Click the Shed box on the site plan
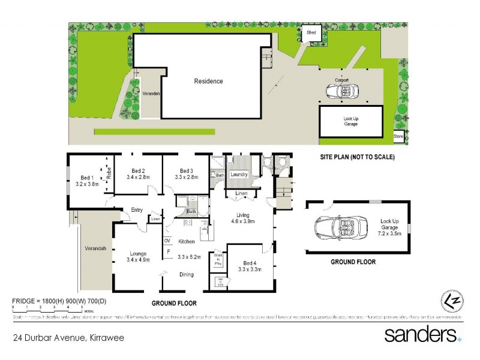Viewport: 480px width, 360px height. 312,33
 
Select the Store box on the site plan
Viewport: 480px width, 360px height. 398,137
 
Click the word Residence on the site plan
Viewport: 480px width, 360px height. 208,81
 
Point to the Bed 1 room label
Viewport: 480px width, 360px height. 87,178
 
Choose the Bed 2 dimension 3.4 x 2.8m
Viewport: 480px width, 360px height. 137,177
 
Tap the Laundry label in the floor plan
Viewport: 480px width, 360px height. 239,174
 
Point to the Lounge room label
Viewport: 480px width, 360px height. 139,253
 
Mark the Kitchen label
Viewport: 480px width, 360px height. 188,242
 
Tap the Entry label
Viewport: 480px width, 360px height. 136,209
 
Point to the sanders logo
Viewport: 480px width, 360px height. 423,334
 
